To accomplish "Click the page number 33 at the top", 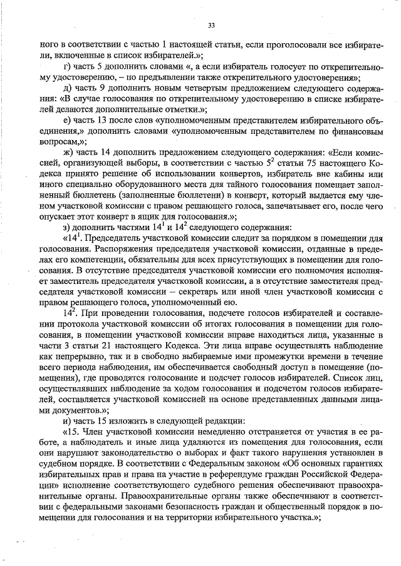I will [211, 25].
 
